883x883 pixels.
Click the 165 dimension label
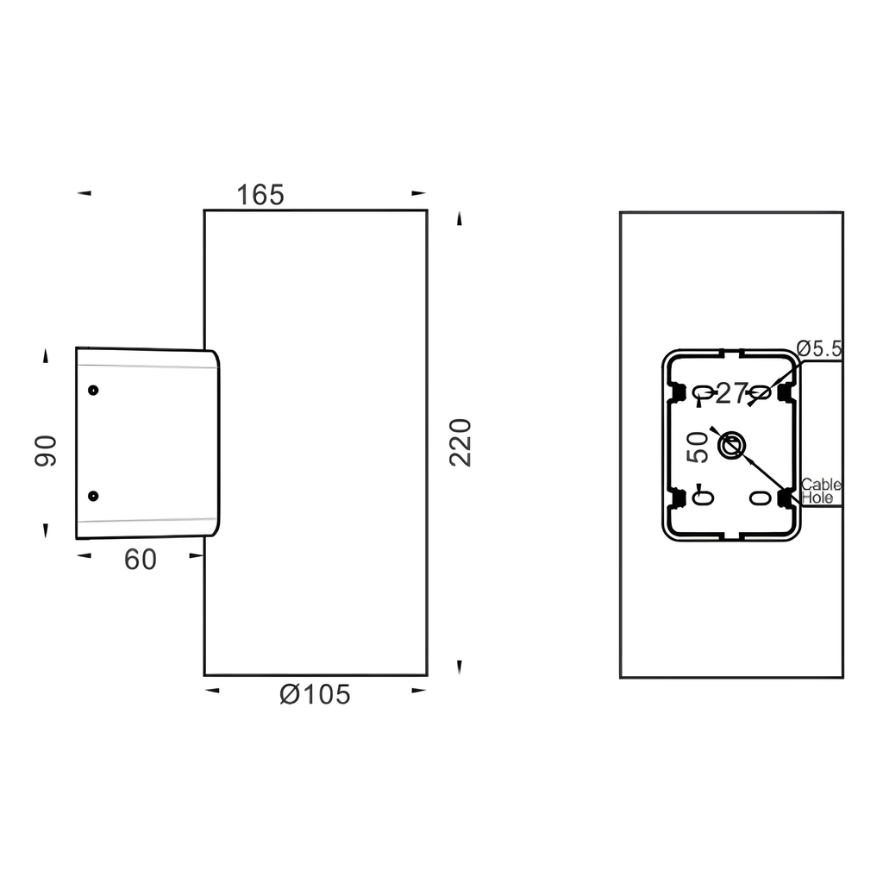[x=260, y=196]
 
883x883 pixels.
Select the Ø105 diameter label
[x=316, y=694]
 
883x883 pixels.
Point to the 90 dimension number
[x=46, y=451]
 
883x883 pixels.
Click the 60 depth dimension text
[x=141, y=560]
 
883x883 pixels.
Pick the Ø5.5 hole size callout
[x=819, y=348]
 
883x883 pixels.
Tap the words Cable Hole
[x=820, y=492]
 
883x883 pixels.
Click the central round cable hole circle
[x=730, y=446]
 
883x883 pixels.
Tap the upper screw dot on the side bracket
[x=93, y=390]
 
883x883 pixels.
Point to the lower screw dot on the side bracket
[x=93, y=496]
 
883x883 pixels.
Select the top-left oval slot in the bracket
[x=703, y=393]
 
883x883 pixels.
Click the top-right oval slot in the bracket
[x=760, y=393]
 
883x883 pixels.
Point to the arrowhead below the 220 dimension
[x=460, y=666]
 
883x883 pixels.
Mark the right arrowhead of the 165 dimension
[x=419, y=193]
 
